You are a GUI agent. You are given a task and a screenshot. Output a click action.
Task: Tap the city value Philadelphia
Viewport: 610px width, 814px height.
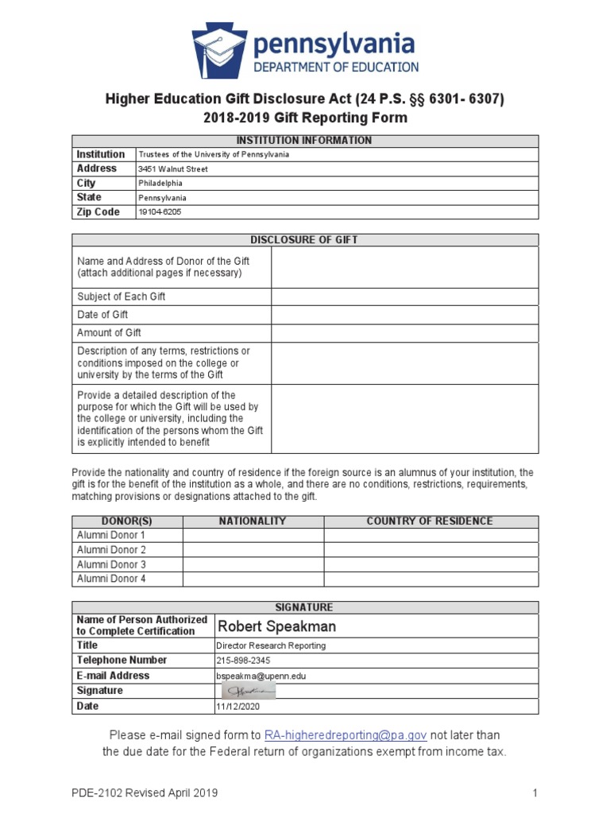click(x=160, y=184)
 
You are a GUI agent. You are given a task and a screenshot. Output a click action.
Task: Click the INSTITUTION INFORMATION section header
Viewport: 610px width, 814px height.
click(x=305, y=141)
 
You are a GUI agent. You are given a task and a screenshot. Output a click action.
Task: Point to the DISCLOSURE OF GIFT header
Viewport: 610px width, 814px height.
click(x=305, y=239)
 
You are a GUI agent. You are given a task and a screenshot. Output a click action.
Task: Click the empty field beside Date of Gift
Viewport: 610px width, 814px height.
click(x=404, y=315)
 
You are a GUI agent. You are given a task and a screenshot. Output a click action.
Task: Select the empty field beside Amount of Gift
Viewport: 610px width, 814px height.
click(x=404, y=333)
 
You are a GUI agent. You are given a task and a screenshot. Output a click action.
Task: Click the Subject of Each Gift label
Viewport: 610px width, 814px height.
click(x=122, y=297)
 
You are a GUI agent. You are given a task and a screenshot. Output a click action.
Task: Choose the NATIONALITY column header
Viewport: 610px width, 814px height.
click(x=253, y=521)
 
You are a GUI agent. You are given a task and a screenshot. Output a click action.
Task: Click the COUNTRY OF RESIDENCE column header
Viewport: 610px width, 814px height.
click(x=430, y=521)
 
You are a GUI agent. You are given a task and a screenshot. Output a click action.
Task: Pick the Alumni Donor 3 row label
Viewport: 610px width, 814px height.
click(x=111, y=564)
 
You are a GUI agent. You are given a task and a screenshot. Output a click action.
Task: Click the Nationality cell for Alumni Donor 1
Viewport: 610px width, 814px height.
click(x=253, y=536)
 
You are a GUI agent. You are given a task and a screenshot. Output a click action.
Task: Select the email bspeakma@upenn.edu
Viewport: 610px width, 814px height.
click(x=261, y=676)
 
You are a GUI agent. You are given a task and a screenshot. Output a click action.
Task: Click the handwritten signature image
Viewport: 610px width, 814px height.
click(x=248, y=691)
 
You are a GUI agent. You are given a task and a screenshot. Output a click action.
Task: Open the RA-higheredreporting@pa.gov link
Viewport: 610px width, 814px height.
click(x=346, y=735)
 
